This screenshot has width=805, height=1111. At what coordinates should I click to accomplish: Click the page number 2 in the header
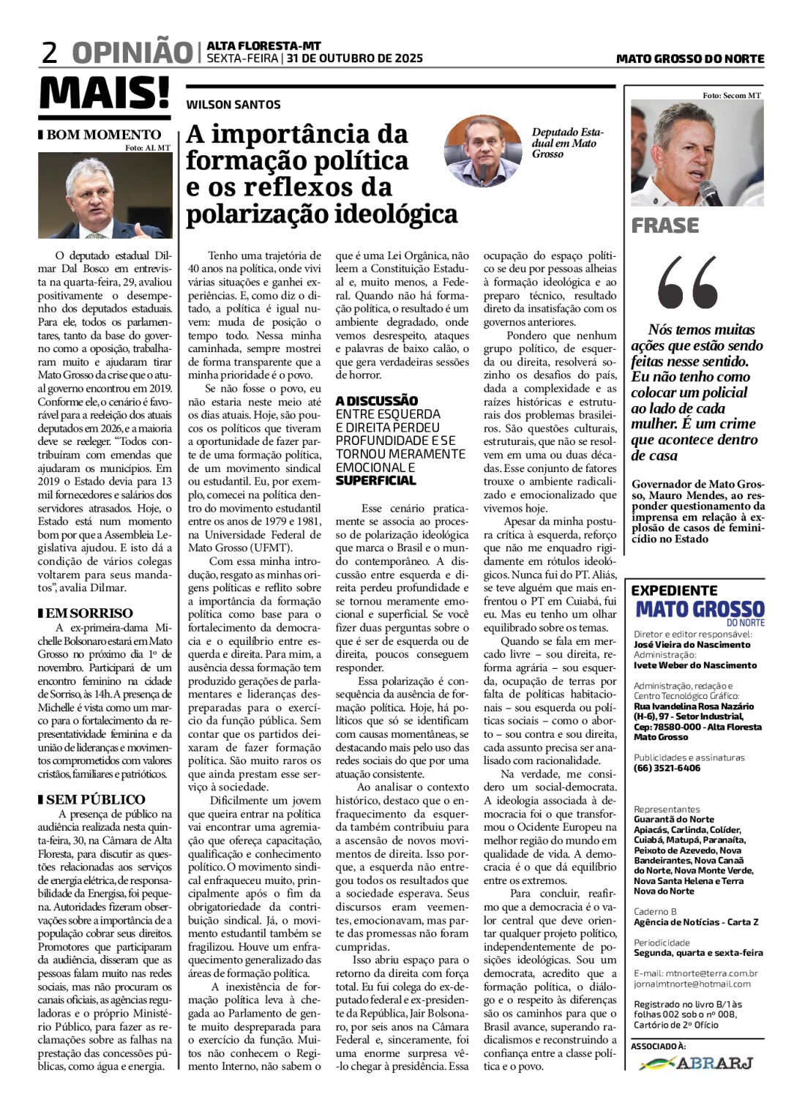(x=50, y=53)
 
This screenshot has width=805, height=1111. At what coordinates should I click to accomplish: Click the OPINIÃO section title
(x=132, y=53)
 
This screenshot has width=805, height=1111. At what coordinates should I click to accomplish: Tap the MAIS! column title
(x=105, y=94)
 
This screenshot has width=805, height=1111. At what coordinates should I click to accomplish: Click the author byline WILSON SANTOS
(x=233, y=105)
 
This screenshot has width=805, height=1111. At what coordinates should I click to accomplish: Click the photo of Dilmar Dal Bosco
(x=105, y=196)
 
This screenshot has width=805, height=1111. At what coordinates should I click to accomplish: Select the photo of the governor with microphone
(x=697, y=154)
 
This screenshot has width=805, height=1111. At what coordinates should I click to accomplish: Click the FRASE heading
(x=665, y=225)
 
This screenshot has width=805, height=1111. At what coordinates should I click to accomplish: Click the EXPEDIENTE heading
(x=674, y=590)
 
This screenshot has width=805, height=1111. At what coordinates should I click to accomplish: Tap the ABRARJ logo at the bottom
(x=696, y=1063)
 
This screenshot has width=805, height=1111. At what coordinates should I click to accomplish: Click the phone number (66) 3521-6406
(x=667, y=768)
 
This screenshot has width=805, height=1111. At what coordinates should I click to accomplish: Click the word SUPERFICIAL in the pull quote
(x=375, y=481)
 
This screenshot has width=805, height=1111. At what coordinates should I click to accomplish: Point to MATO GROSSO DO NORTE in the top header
(x=689, y=59)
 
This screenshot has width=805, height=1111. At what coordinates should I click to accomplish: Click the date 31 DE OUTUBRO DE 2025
(x=354, y=59)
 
